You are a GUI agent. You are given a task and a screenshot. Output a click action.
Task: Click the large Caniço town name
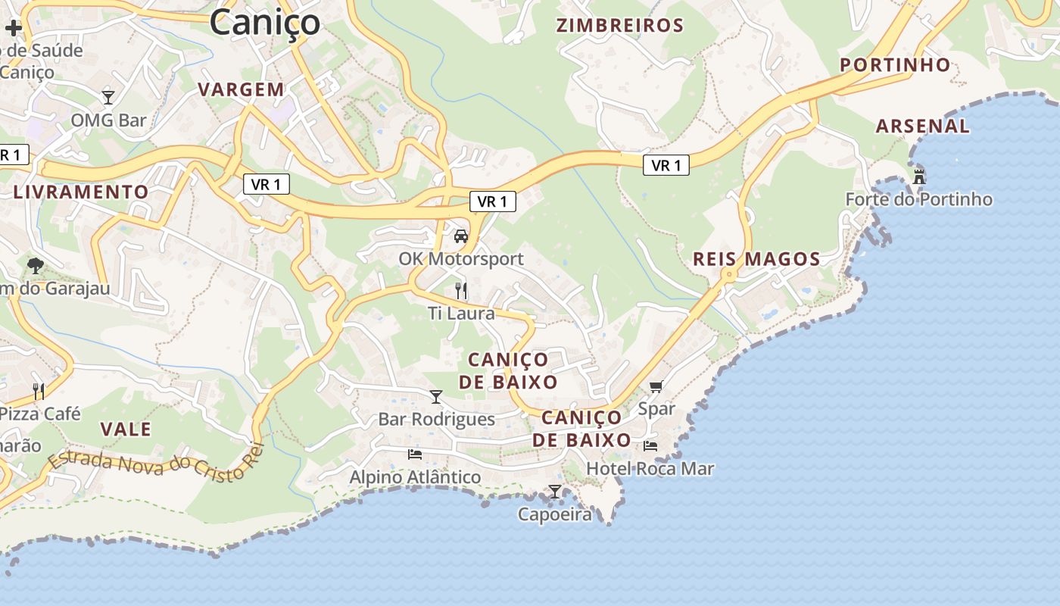click(x=265, y=22)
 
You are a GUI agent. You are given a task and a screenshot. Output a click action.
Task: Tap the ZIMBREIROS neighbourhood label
click(x=620, y=26)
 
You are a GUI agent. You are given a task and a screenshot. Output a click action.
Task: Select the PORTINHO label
click(x=895, y=65)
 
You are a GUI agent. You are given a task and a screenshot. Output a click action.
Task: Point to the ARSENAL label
click(x=922, y=127)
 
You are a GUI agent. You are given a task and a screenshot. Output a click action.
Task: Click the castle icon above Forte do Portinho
click(x=919, y=177)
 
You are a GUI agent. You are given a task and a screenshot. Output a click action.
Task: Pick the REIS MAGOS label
click(x=756, y=259)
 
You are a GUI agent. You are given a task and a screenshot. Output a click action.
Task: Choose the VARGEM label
click(x=241, y=89)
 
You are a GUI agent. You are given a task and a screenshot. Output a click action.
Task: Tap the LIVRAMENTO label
click(x=81, y=192)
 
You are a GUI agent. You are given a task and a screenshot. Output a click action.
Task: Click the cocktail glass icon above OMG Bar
click(x=108, y=97)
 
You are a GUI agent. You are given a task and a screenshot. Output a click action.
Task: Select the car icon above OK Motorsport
click(x=461, y=236)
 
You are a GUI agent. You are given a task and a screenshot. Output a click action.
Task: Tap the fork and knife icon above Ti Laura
click(x=461, y=290)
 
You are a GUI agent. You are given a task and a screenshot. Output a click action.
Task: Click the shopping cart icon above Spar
click(x=656, y=386)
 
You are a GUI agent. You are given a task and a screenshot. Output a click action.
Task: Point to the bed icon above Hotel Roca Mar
click(x=650, y=445)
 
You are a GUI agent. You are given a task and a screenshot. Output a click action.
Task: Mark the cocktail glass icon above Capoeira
click(x=555, y=492)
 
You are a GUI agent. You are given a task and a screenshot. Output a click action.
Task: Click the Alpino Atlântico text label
click(x=415, y=477)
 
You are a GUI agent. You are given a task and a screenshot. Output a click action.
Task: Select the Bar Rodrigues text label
click(x=436, y=419)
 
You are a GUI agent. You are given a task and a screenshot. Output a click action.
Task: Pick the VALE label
click(x=126, y=430)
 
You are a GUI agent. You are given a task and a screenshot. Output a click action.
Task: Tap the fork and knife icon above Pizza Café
click(x=39, y=391)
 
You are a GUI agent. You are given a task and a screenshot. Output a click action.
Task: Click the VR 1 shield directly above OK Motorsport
click(x=493, y=201)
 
